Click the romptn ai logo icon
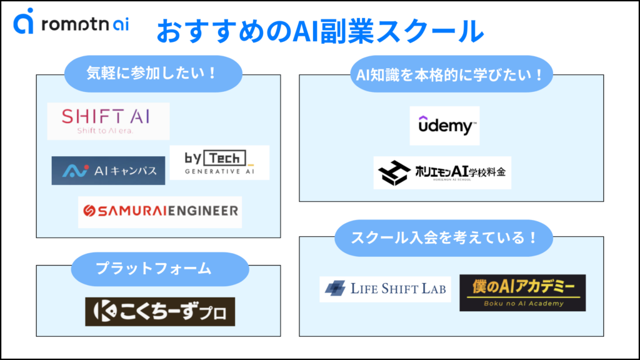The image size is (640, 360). (24, 21)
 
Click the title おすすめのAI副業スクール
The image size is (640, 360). (319, 30)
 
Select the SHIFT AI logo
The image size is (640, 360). (108, 121)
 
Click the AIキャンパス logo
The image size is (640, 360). (108, 170)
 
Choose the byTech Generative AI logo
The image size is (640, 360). (219, 162)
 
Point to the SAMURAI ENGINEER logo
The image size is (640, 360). (160, 212)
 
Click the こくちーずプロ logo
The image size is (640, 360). (160, 311)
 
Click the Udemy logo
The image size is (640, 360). (444, 125)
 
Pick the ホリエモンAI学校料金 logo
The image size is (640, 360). (442, 172)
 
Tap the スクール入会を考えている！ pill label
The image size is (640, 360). (444, 238)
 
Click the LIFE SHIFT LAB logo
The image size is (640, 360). (385, 289)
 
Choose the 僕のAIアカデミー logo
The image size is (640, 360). (522, 292)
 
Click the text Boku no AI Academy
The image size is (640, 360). (522, 304)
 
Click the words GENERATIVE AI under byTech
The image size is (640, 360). (219, 171)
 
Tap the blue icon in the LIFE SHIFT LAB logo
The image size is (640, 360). (335, 289)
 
